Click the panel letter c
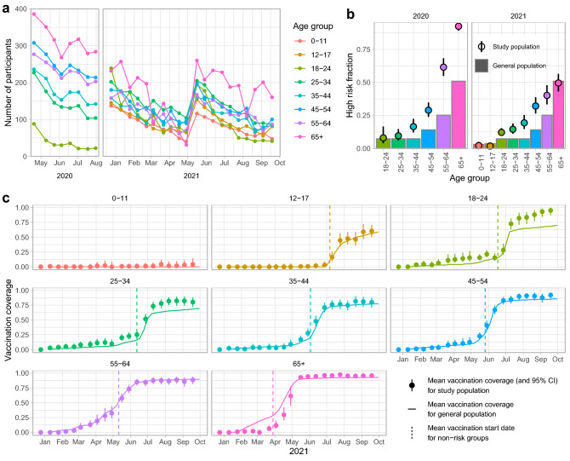pos(6,198)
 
